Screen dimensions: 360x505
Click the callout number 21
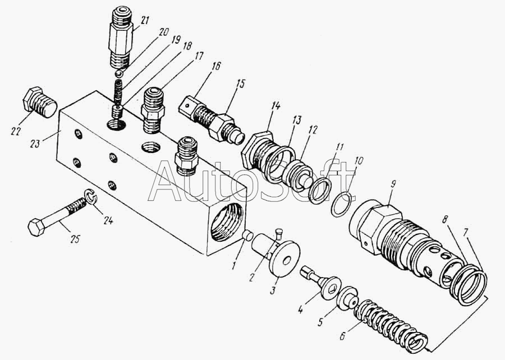coord(145,21)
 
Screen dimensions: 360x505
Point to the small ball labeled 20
coord(119,73)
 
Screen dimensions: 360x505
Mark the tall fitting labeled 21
coord(121,38)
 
